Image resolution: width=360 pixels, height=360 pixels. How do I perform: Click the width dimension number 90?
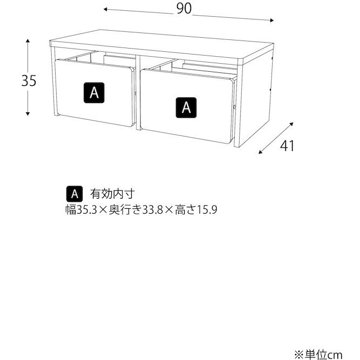tap(184, 9)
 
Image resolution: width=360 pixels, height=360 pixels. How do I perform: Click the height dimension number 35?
tap(29, 81)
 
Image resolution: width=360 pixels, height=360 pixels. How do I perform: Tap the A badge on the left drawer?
tap(94, 92)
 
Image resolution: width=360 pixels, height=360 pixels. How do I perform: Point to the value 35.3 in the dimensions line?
tap(86, 209)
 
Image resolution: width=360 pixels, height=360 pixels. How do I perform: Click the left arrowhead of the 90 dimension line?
tap(106, 9)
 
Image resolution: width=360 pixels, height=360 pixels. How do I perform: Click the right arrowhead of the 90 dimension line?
tap(273, 20)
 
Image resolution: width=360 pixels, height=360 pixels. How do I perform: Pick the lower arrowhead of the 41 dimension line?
tap(261, 153)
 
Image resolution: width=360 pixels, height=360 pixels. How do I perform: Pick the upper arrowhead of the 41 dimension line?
tap(295, 123)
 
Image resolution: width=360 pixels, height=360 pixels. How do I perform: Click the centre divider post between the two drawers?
tap(138, 92)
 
